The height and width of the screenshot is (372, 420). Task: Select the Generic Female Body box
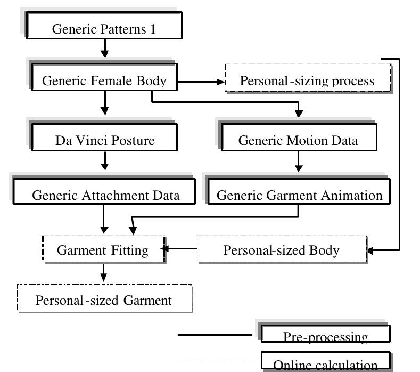(104, 81)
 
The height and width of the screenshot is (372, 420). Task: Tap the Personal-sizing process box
(308, 80)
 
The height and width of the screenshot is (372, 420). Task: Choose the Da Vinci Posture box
(105, 140)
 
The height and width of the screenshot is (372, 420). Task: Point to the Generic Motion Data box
(298, 140)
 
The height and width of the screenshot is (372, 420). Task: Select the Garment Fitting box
(103, 250)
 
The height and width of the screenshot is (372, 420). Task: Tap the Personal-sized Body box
(281, 250)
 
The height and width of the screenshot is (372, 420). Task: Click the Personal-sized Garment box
(104, 300)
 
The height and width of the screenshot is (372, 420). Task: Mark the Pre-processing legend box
(325, 334)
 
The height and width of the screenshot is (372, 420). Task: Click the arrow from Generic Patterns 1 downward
(104, 48)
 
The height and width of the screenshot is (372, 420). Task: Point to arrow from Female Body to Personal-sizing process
(200, 82)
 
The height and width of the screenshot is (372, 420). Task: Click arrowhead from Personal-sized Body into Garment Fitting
(166, 249)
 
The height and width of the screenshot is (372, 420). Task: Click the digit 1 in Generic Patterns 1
(153, 29)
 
